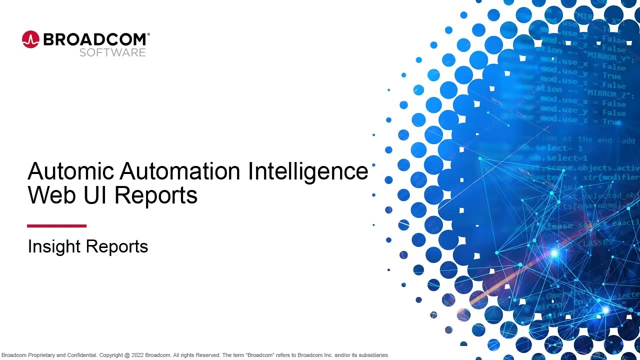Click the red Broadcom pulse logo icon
pyautogui.click(x=30, y=39)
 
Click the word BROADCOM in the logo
pyautogui.click(x=94, y=39)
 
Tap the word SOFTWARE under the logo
pyautogui.click(x=112, y=52)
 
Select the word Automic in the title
pyautogui.click(x=70, y=171)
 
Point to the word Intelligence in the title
pyautogui.click(x=308, y=171)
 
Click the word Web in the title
pyautogui.click(x=52, y=195)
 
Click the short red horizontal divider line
pyautogui.click(x=56, y=226)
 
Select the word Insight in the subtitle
pyautogui.click(x=54, y=246)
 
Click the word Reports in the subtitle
pyautogui.click(x=117, y=246)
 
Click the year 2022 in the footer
pyautogui.click(x=137, y=355)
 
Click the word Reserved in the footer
pyautogui.click(x=208, y=355)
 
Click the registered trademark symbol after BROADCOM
pyautogui.click(x=148, y=34)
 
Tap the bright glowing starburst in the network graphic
pyautogui.click(x=553, y=253)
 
